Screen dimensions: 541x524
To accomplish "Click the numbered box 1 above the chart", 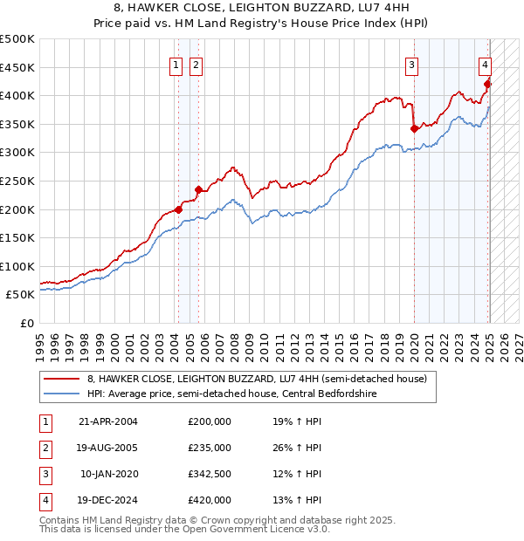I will click(176, 64).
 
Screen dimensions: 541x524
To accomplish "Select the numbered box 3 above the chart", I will click(411, 64).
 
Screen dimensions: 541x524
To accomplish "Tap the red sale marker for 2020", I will click(414, 128).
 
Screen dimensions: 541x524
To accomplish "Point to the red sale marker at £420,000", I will click(488, 84).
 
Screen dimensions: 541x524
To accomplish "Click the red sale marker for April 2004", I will click(178, 209).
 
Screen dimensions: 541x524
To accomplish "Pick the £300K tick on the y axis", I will click(20, 152).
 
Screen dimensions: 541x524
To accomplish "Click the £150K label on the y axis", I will click(20, 237).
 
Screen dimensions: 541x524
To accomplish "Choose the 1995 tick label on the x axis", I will click(39, 340).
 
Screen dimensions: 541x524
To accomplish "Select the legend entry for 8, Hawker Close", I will click(257, 379).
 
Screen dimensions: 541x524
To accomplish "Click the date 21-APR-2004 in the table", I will click(108, 421).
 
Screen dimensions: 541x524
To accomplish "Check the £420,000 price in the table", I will click(210, 500).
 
